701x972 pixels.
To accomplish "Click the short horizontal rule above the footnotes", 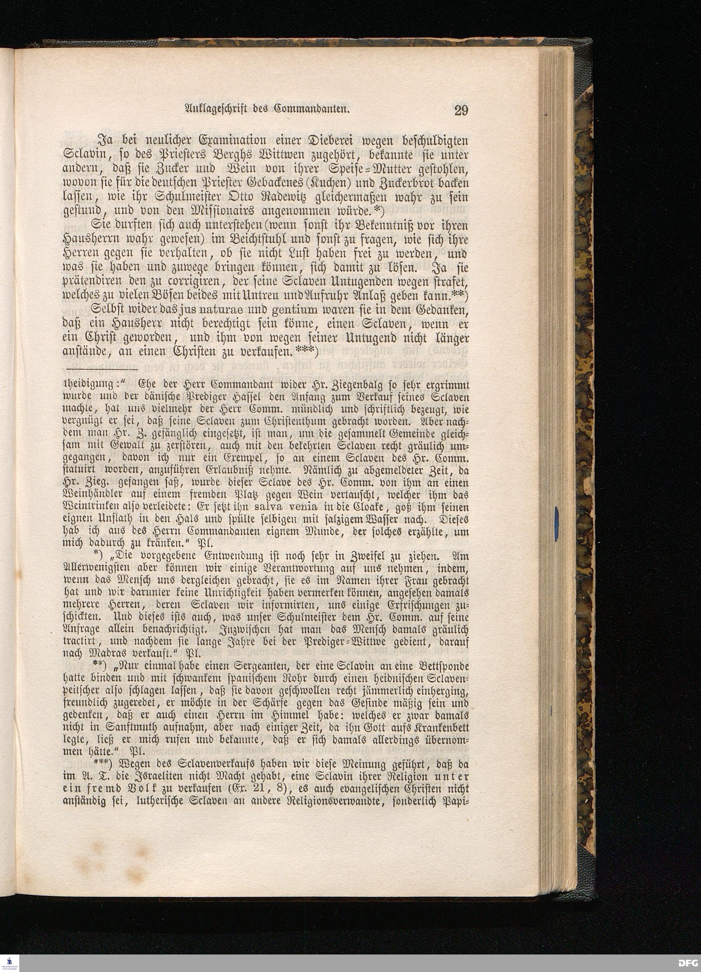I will click(103, 369).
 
